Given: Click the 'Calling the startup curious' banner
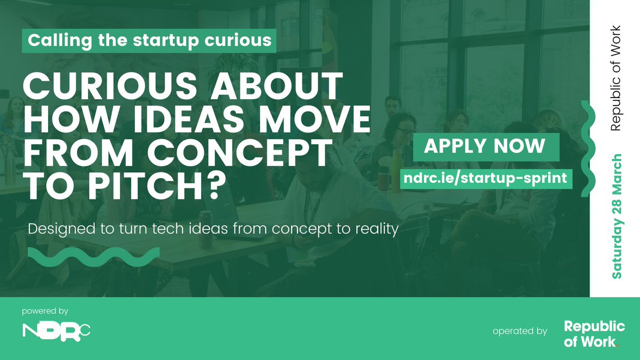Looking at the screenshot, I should click(149, 41).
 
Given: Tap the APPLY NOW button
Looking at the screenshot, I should click(485, 146).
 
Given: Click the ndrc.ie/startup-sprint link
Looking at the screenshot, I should click(486, 178).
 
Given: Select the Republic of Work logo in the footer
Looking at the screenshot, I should click(594, 334).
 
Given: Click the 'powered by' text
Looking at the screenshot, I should click(45, 310).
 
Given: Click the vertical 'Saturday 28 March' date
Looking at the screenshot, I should click(617, 216).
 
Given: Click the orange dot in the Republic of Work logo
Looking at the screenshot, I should click(618, 346).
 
